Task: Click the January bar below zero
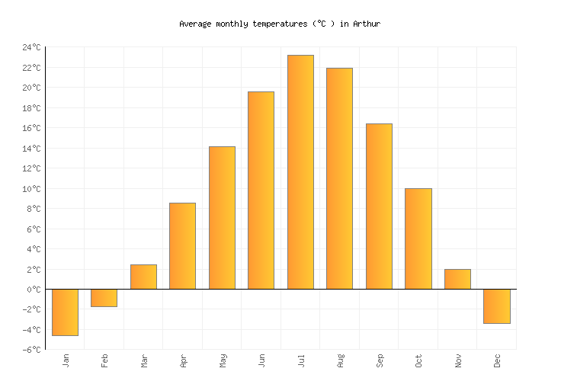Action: (x=65, y=312)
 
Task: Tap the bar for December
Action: (x=497, y=306)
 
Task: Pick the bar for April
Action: (x=182, y=246)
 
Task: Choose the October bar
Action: (x=418, y=239)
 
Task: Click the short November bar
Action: (x=457, y=279)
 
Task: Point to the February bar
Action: (x=104, y=298)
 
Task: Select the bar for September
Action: (x=379, y=207)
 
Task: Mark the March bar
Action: (x=143, y=277)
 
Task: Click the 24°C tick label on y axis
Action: (x=31, y=47)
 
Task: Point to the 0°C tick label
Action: (x=34, y=290)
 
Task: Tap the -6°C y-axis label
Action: (x=31, y=350)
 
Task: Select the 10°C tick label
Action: (x=31, y=189)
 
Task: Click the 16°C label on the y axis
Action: (x=31, y=128)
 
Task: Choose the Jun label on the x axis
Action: (x=261, y=360)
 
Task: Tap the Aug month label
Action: (x=340, y=360)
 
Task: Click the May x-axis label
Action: (x=223, y=360)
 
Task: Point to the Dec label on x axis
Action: (x=497, y=360)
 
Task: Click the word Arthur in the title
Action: (x=367, y=24)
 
